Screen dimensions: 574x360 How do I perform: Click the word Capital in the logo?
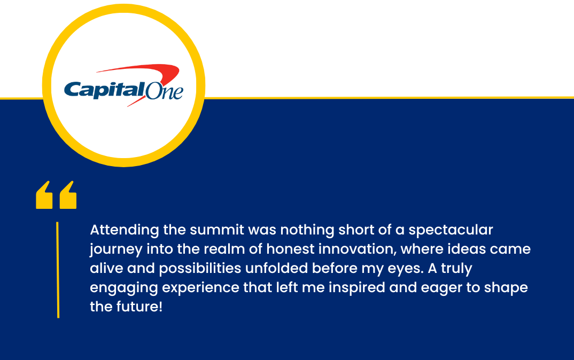tap(104, 90)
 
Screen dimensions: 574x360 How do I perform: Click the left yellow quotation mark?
tap(44, 195)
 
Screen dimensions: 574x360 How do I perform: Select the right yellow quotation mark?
tap(68, 195)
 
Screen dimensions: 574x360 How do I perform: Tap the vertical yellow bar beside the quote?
tap(58, 270)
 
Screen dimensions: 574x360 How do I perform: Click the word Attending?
tap(125, 231)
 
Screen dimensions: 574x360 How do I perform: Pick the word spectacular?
tap(451, 231)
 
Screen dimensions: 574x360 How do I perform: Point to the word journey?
tap(116, 250)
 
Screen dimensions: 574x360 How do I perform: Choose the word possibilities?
tap(200, 269)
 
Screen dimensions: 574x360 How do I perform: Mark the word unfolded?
tap(277, 268)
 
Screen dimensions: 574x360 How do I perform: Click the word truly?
tap(456, 269)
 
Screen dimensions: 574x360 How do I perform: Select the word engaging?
tap(124, 288)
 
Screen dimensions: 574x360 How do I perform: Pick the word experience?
tap(200, 288)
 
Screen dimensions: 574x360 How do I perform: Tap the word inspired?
tap(357, 288)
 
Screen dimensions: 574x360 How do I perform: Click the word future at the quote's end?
tap(137, 307)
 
